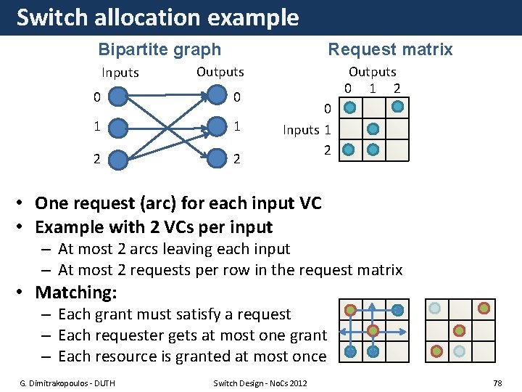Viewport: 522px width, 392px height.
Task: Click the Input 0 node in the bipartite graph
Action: pyautogui.click(x=117, y=96)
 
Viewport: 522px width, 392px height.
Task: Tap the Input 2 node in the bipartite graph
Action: pyautogui.click(x=117, y=158)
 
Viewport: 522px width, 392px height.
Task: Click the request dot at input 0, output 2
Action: pyautogui.click(x=397, y=107)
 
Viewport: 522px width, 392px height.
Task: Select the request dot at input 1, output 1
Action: pyautogui.click(x=373, y=129)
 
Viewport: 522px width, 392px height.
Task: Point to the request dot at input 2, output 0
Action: pyautogui.click(x=349, y=150)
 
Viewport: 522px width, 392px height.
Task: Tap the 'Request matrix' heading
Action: pyautogui.click(x=390, y=49)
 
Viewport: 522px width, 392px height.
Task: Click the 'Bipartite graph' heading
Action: pyautogui.click(x=159, y=49)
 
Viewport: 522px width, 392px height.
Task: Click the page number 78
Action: pyautogui.click(x=497, y=383)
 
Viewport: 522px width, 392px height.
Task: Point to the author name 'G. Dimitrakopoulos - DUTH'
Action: pyautogui.click(x=67, y=383)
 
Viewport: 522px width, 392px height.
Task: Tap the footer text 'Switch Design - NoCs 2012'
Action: pyautogui.click(x=260, y=383)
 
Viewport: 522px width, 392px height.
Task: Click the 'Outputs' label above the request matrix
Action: pyautogui.click(x=373, y=72)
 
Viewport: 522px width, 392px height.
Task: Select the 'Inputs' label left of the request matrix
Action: pyautogui.click(x=300, y=130)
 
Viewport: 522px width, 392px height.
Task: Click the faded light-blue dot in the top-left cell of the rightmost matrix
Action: pyautogui.click(x=434, y=309)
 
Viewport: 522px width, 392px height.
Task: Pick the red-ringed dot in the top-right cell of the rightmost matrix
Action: pyautogui.click(x=484, y=309)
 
